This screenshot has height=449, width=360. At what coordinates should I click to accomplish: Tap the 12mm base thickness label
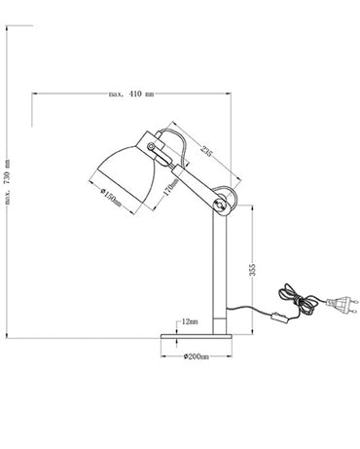[x=189, y=320]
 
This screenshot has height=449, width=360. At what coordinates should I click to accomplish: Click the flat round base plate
[x=198, y=337]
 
